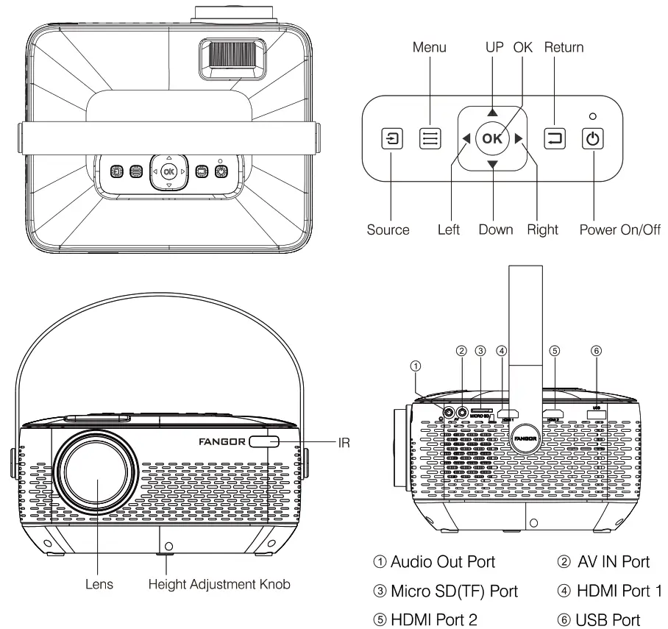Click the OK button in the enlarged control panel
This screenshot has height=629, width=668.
pos(492,138)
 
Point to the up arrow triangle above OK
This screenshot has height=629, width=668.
pos(492,113)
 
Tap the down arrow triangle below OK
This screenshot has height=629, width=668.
pos(492,164)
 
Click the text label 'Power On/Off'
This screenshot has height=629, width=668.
pos(620,230)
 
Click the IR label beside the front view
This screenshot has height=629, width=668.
pos(344,442)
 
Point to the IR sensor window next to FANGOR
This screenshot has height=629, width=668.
pos(264,441)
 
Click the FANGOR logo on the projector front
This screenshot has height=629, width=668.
pos(223,441)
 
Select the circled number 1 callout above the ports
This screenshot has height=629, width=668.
pos(416,364)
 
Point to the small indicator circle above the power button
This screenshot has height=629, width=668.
pos(592,116)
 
